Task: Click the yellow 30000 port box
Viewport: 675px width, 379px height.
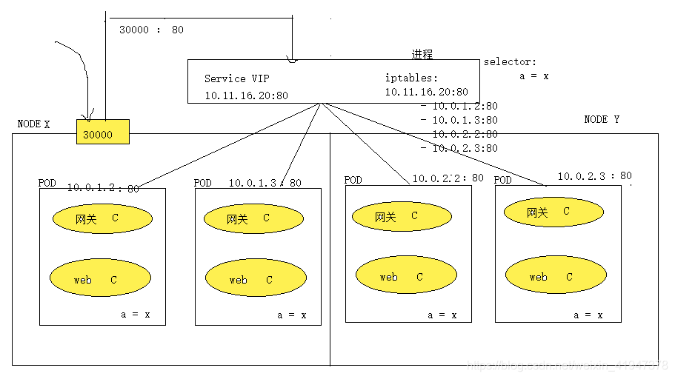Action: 102,132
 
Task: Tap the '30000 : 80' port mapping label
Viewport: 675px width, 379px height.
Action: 151,30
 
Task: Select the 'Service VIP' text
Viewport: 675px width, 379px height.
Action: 237,78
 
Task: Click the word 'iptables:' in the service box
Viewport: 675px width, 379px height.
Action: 411,78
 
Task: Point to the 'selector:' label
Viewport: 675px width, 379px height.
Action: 510,62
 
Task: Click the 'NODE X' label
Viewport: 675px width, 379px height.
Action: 34,124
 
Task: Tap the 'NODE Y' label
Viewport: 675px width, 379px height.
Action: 602,119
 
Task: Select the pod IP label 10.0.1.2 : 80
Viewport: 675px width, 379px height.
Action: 102,188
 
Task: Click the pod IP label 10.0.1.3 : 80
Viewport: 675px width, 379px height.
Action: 265,183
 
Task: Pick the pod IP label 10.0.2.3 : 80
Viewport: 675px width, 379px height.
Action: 594,176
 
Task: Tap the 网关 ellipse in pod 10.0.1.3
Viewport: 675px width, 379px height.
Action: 253,218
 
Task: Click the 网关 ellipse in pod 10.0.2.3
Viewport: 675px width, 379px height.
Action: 553,212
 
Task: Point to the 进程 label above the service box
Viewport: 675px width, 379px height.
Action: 422,55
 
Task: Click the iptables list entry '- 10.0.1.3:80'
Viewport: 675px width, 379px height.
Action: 459,119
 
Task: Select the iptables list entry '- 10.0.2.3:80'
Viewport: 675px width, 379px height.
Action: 459,148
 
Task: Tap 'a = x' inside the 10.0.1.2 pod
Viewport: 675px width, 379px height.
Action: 136,315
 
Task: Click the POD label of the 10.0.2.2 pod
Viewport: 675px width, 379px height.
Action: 353,180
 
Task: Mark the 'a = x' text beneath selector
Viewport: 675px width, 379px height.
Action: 533,76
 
